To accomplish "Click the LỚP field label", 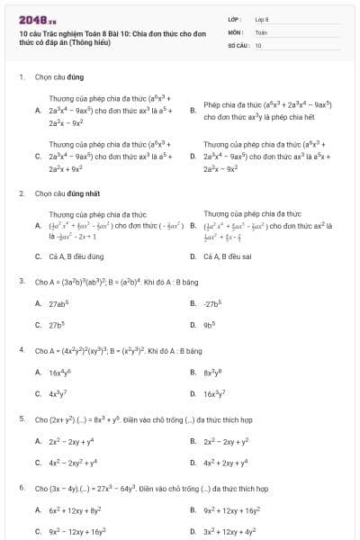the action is pos(235,18).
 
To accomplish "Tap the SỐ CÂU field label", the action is pos(238,44).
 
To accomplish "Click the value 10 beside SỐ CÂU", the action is pos(258,44).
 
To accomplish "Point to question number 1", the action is pos(21,76).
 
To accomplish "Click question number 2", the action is pos(21,193).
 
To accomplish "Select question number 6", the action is pos(21,488).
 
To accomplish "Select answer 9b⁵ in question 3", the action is pos(212,325).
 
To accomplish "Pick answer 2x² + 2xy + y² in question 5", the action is pos(226,441).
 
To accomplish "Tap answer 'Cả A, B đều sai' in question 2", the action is pos(229,256).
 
